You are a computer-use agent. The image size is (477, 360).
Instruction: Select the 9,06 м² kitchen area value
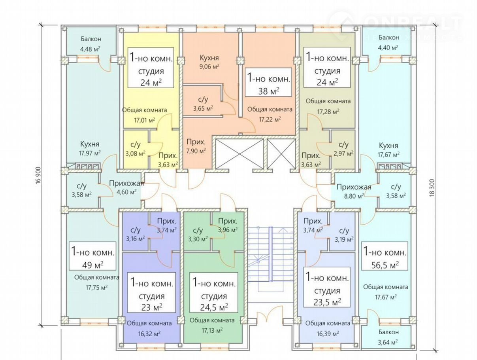[x=209, y=66]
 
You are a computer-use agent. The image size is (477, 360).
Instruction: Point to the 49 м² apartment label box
[x=92, y=257]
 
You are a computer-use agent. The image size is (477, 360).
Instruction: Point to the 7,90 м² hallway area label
[x=196, y=151]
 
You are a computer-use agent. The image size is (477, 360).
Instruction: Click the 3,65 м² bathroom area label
[x=203, y=108]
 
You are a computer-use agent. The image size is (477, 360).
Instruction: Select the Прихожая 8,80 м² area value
[x=354, y=195]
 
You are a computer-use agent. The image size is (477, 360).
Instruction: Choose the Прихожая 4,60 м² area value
[x=126, y=192]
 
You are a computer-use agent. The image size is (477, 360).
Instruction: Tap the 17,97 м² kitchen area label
[x=89, y=153]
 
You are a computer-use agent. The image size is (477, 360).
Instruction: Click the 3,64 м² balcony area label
[x=388, y=341]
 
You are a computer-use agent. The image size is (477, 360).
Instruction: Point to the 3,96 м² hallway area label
[x=228, y=229]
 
